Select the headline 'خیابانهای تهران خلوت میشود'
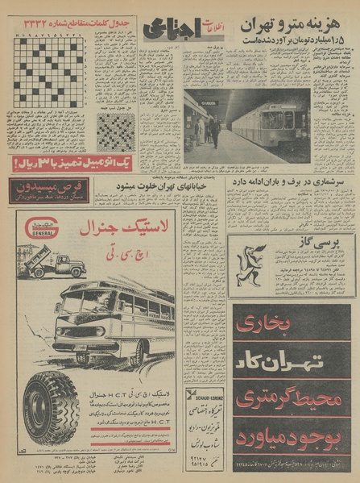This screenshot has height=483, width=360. pyautogui.click(x=178, y=185)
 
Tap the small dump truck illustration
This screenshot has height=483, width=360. pyautogui.click(x=56, y=264)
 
